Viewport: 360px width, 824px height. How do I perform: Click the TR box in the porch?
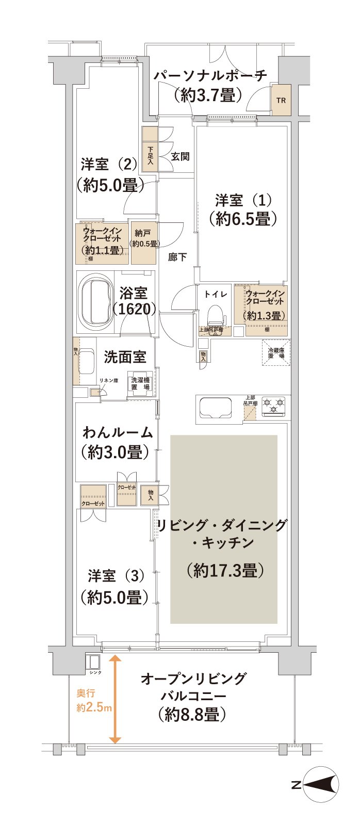click(x=281, y=100)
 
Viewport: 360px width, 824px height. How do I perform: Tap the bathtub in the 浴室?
click(x=95, y=302)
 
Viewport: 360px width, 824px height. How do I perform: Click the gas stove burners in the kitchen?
click(x=273, y=406)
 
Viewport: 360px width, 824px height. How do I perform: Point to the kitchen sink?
click(x=216, y=407)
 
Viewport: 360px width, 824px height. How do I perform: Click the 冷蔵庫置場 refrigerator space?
click(x=275, y=353)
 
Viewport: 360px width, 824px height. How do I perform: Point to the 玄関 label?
click(x=180, y=156)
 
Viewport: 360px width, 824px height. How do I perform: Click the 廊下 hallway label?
click(x=177, y=256)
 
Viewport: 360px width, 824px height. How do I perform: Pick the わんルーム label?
click(x=118, y=432)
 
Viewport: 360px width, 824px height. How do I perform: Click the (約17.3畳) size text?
click(x=226, y=570)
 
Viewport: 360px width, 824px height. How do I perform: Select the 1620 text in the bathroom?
click(x=134, y=309)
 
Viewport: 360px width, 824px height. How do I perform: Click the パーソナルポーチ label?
click(x=211, y=75)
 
